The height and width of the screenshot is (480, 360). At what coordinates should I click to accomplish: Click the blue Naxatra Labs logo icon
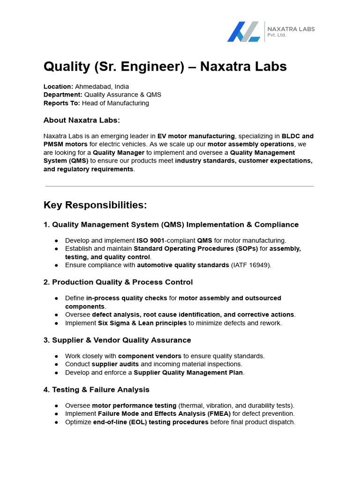click(x=243, y=32)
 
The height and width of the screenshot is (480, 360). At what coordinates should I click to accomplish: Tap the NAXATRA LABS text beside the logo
click(x=291, y=29)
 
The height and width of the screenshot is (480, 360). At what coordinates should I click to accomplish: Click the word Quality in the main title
click(x=66, y=67)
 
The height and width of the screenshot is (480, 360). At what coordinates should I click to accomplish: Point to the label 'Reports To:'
click(x=62, y=103)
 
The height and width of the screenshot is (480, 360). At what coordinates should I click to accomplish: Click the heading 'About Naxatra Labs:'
click(x=82, y=120)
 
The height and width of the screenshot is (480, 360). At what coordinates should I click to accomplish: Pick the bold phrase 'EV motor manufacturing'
click(x=196, y=136)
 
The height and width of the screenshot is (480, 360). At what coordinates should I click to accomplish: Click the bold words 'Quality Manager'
click(x=119, y=152)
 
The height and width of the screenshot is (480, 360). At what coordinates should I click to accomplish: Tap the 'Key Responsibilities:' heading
click(x=95, y=205)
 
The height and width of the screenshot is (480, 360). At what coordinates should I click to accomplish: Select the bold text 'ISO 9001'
click(x=150, y=240)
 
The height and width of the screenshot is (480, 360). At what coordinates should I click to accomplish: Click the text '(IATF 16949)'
click(x=251, y=265)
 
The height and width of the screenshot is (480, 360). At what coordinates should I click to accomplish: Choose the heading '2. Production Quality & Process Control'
click(x=118, y=282)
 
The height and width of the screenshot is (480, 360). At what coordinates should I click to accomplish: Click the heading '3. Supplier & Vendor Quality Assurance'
click(x=117, y=340)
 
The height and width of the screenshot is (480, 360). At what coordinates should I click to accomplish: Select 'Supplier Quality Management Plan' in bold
click(x=188, y=373)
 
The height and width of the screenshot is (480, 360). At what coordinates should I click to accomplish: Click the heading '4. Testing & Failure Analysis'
click(x=96, y=390)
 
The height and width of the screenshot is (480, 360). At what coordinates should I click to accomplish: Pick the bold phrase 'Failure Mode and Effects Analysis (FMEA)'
click(x=164, y=414)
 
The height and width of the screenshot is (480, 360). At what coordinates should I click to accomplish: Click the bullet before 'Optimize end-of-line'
click(x=56, y=422)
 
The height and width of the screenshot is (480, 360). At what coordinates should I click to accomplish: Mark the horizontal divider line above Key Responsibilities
click(x=180, y=186)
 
